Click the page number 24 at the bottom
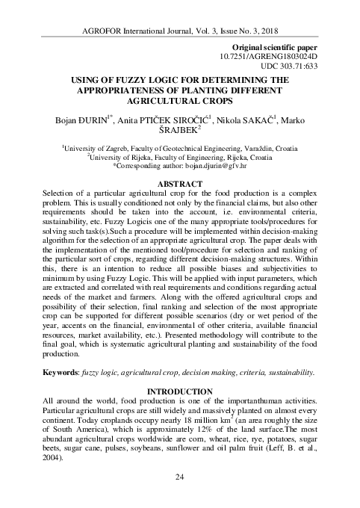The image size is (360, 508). point(179,498)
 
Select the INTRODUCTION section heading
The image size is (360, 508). point(179,391)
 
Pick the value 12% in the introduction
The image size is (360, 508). point(210,432)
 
